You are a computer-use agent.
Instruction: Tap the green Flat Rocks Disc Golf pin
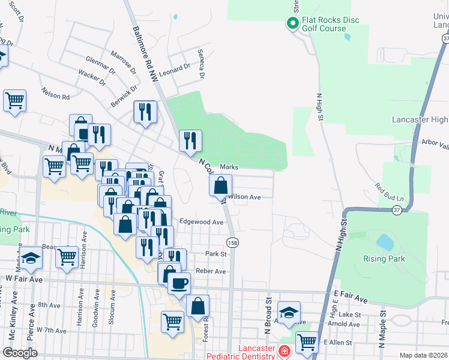(x=292, y=24)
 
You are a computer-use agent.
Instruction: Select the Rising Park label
(x=384, y=259)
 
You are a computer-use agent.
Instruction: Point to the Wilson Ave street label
(x=245, y=197)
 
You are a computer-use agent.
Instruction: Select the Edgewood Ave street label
(x=202, y=222)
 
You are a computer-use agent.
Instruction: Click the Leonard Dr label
(x=174, y=71)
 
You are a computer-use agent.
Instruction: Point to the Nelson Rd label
(x=55, y=94)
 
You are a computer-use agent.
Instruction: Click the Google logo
(x=20, y=352)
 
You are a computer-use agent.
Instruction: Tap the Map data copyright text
(x=424, y=355)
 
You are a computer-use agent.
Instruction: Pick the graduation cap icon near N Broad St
(x=289, y=313)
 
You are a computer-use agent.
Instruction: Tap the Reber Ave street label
(x=211, y=271)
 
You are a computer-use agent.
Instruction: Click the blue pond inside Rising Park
(x=384, y=242)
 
